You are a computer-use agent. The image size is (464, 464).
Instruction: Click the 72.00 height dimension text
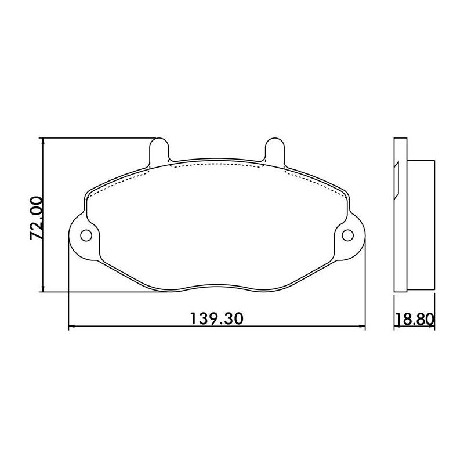coord(37,218)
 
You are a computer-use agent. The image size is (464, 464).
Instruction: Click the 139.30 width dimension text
coord(216,318)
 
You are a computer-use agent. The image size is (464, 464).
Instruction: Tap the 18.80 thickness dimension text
coord(415,320)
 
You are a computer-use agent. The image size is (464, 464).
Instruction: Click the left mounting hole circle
coord(86,235)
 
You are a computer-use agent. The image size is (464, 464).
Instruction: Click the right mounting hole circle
coord(347,235)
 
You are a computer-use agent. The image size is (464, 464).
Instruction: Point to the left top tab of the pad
coord(159,151)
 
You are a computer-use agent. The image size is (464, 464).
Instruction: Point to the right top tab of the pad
coord(275,151)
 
